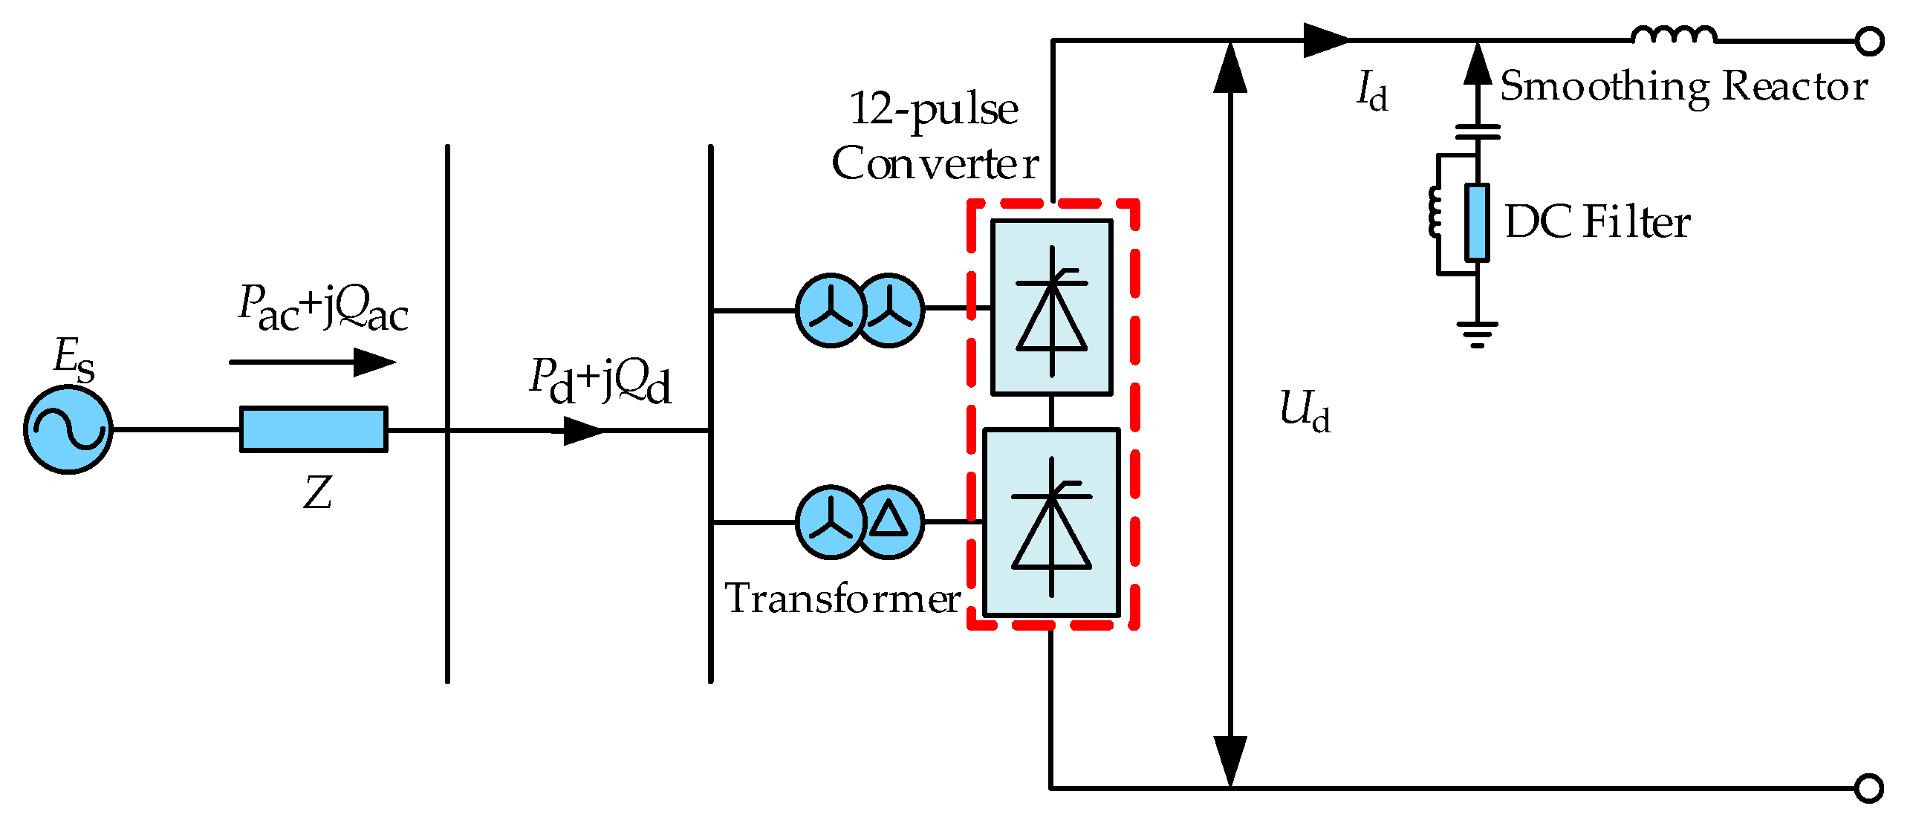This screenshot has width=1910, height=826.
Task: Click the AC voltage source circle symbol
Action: [x=68, y=429]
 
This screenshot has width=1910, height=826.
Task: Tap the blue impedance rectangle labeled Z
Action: [x=314, y=429]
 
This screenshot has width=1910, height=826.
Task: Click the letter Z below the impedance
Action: [x=317, y=492]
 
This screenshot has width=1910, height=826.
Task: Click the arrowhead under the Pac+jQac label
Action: [x=375, y=362]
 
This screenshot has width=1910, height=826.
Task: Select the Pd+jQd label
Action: [x=600, y=381]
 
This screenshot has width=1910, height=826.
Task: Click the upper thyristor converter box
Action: [x=1052, y=307]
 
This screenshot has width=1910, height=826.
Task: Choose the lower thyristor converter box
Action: [x=1051, y=523]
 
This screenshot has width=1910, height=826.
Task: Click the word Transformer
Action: [x=842, y=599]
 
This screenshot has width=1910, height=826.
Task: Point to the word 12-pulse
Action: [x=933, y=110]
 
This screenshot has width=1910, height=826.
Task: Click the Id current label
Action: [x=1371, y=91]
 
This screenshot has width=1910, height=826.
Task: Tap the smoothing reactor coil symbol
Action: [x=1674, y=34]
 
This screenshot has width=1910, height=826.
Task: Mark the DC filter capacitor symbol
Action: [x=1478, y=131]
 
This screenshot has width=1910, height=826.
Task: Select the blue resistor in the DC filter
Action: [x=1477, y=222]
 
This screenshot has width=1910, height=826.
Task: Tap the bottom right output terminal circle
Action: [x=1869, y=787]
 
